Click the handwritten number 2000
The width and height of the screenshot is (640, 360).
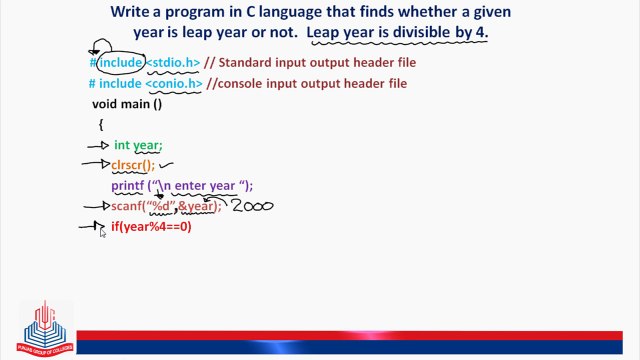252,206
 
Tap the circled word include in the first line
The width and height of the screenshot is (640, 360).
120,63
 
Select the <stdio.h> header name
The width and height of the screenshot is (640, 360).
173,63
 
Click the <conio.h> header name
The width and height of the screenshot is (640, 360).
173,84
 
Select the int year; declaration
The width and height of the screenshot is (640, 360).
137,145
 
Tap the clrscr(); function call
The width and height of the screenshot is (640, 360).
133,166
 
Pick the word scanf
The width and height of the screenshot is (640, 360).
127,206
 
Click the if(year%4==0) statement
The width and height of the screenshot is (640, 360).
151,227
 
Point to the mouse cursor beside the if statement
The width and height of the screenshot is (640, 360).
102,231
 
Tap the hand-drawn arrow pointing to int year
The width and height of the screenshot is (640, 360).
98,146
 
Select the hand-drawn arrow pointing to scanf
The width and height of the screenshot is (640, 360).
95,207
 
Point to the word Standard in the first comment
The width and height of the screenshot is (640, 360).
248,63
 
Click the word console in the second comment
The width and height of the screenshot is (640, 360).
242,84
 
